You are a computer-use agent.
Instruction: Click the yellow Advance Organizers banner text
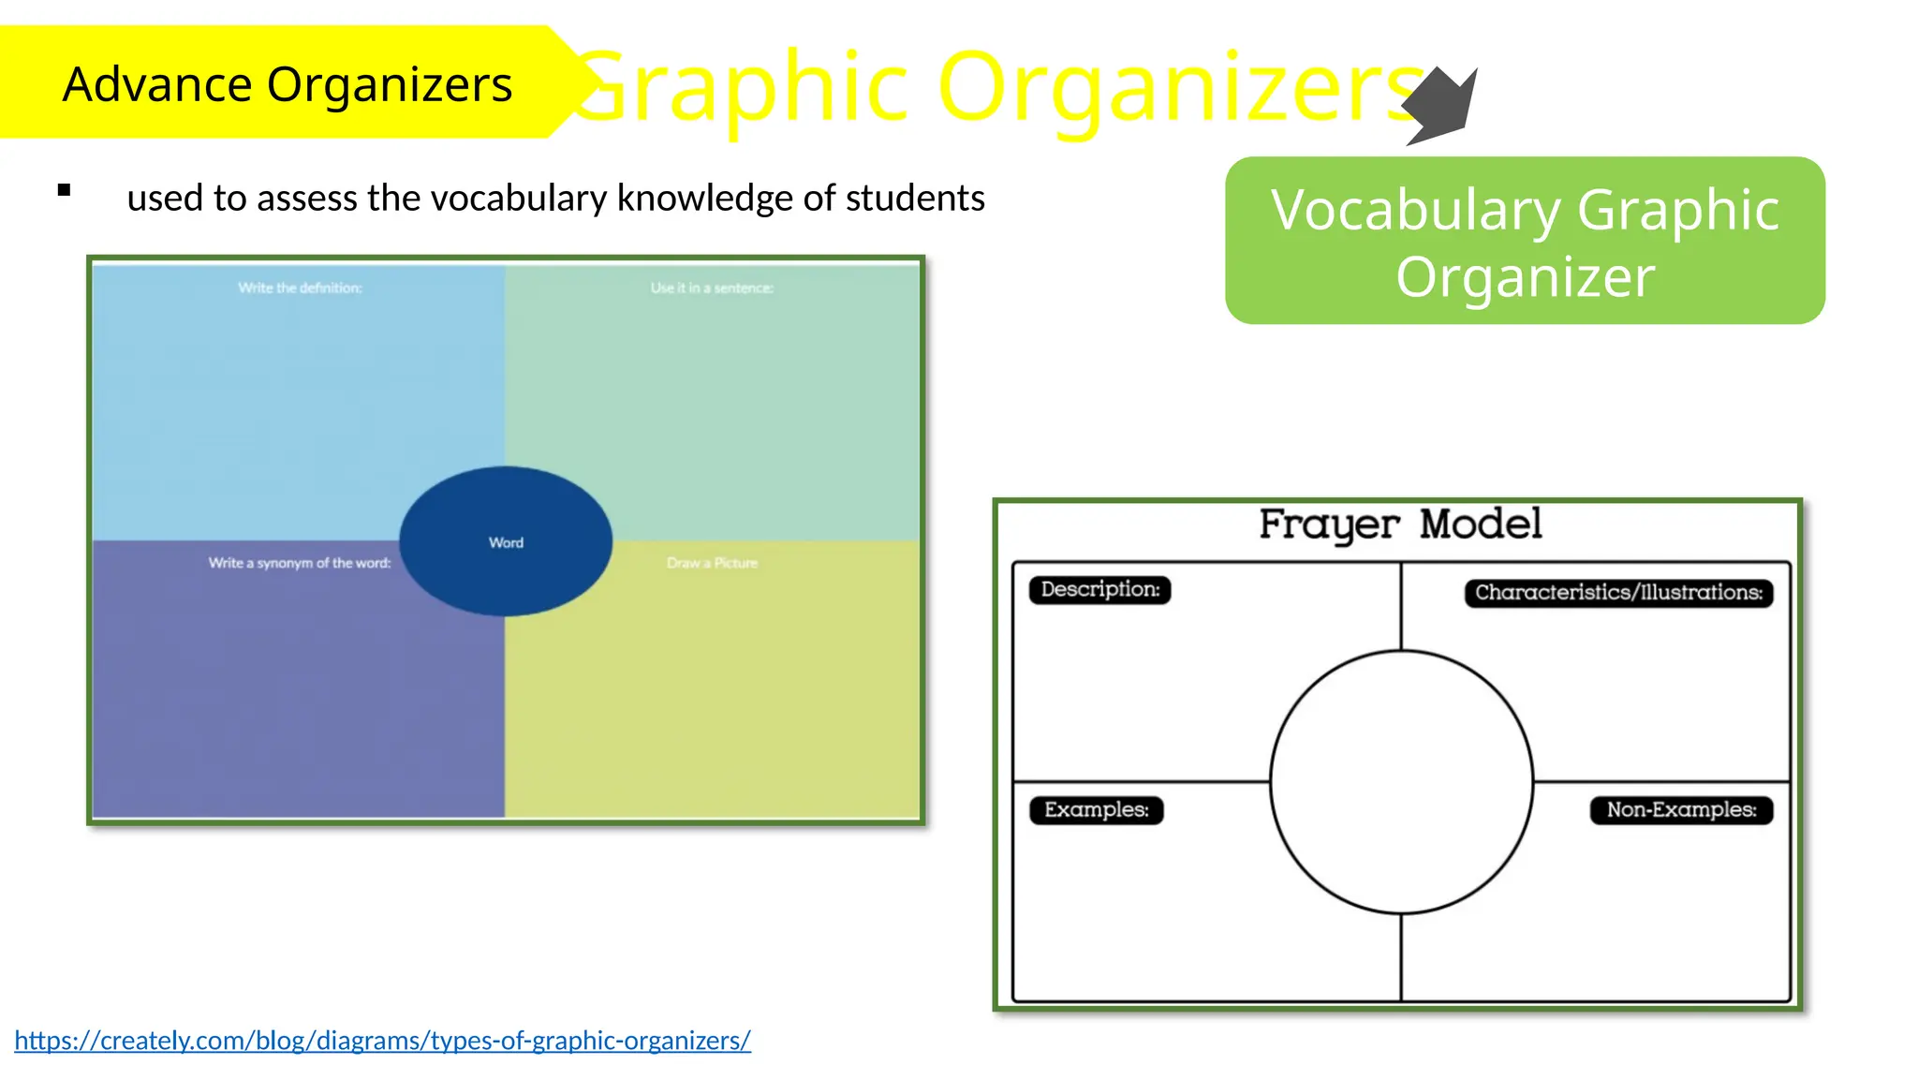point(287,84)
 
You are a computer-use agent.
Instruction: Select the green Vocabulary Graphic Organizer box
point(1524,241)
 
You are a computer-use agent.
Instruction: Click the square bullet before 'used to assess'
point(64,191)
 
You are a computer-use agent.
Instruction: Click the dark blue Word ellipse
point(506,541)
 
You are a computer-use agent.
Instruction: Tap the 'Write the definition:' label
point(300,288)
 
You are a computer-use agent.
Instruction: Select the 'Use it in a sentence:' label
point(712,288)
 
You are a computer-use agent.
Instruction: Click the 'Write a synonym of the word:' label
point(300,563)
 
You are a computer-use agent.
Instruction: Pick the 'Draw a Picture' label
point(712,563)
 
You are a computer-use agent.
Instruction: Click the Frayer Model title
point(1399,525)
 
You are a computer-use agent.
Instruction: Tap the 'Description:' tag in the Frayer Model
point(1099,589)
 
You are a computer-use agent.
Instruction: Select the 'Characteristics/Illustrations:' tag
point(1618,592)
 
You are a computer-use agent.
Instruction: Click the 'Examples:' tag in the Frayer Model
point(1096,809)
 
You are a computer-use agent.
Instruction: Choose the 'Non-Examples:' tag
point(1681,809)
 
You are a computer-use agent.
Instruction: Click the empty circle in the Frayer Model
point(1401,781)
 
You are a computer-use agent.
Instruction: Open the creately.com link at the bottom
point(382,1040)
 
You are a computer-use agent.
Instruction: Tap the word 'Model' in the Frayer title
point(1480,525)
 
